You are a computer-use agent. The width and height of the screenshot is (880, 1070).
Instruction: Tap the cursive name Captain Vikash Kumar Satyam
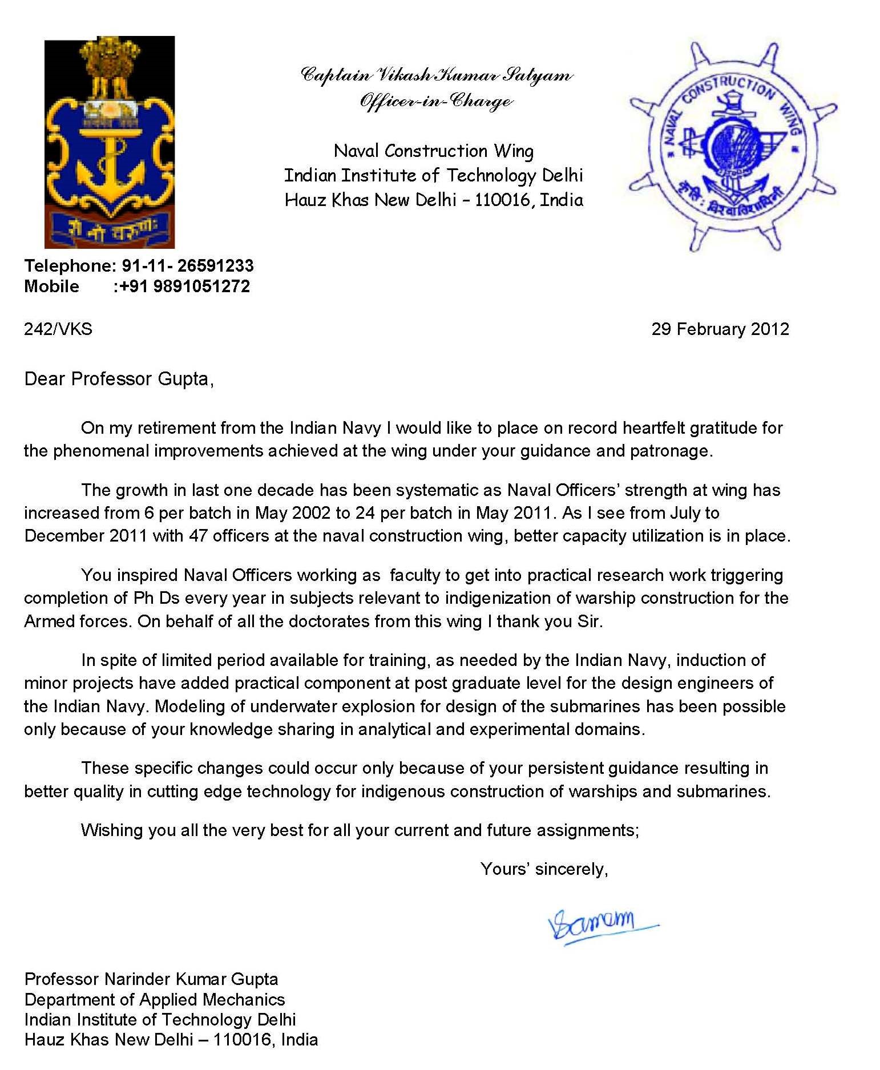click(x=436, y=75)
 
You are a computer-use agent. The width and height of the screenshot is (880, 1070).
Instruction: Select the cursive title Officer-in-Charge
click(x=436, y=101)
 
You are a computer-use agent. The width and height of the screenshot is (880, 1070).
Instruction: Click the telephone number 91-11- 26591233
click(x=187, y=265)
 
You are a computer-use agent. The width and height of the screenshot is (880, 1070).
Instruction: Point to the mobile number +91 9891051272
click(x=184, y=286)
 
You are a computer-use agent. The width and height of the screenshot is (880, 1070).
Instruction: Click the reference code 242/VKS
click(x=58, y=329)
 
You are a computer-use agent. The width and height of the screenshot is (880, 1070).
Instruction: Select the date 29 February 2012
click(x=720, y=329)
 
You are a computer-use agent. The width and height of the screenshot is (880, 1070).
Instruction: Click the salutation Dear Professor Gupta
click(x=119, y=379)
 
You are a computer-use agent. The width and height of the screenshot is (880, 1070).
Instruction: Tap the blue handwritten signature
click(x=599, y=924)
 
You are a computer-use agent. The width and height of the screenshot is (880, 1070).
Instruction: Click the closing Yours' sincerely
click(x=544, y=869)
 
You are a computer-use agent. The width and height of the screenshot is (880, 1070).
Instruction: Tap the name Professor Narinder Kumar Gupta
click(x=151, y=979)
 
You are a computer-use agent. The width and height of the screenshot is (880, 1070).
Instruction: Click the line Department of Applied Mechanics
click(x=154, y=999)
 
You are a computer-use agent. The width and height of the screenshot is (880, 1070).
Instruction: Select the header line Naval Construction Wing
click(x=434, y=151)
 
